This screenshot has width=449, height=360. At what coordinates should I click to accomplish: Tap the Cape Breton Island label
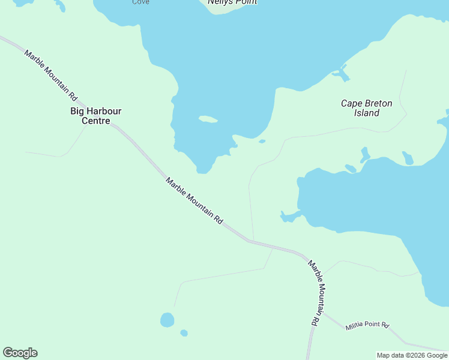pos(366,108)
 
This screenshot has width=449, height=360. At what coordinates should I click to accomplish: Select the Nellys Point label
pos(232,2)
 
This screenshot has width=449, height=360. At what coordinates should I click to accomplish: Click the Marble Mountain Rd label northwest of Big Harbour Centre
pos(51,75)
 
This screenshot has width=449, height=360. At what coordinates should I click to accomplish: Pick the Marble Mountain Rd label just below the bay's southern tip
pos(194,202)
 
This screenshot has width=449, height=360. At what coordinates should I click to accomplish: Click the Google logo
pos(20,353)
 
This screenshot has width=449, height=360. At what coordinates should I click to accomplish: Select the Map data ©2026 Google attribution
pos(412,355)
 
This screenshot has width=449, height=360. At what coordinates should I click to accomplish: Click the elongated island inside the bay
pos(208,119)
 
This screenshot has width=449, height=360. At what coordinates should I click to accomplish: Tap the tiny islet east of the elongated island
pos(262,142)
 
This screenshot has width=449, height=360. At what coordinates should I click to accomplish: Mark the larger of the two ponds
pos(167,319)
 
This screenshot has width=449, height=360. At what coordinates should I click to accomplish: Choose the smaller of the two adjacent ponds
pos(184,333)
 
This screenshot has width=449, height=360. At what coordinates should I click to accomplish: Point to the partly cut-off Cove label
pos(140,2)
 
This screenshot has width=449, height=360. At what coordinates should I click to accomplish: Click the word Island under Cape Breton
pos(367,113)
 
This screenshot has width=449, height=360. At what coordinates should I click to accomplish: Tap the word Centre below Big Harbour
pos(96,121)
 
